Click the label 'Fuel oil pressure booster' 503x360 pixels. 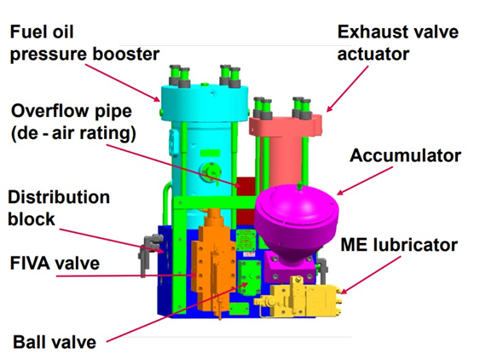click(84, 44)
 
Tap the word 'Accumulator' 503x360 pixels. click(405, 156)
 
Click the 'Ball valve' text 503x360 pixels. click(54, 342)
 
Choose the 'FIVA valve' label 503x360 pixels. click(56, 263)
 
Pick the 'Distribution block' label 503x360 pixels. click(59, 208)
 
